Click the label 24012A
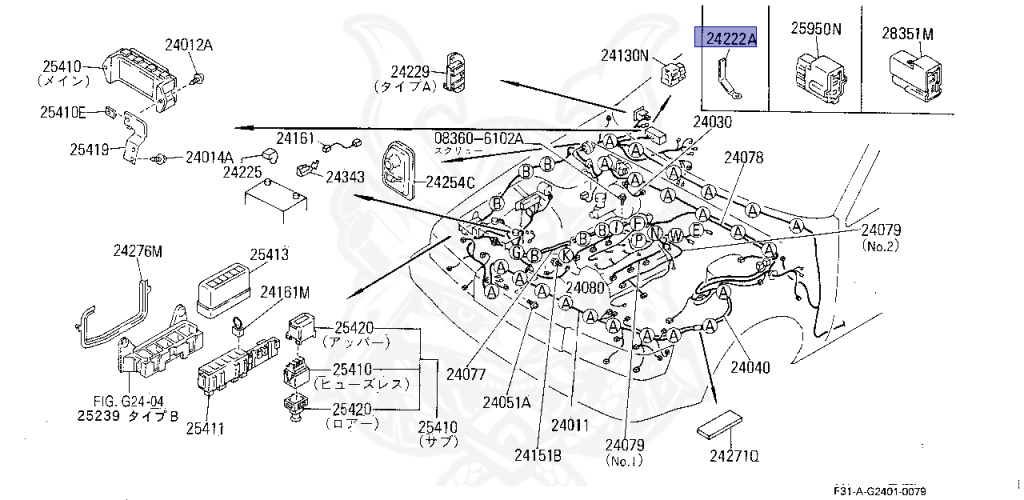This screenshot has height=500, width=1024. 189,44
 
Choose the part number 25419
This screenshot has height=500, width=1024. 91,150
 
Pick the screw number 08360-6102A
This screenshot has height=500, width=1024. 478,137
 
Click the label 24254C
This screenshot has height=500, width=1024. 451,182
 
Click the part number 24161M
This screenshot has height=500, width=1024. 285,292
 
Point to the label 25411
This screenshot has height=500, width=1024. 205,429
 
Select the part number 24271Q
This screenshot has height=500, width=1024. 735,457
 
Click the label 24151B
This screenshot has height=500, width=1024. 539,455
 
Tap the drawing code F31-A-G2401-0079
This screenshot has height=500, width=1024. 879,491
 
